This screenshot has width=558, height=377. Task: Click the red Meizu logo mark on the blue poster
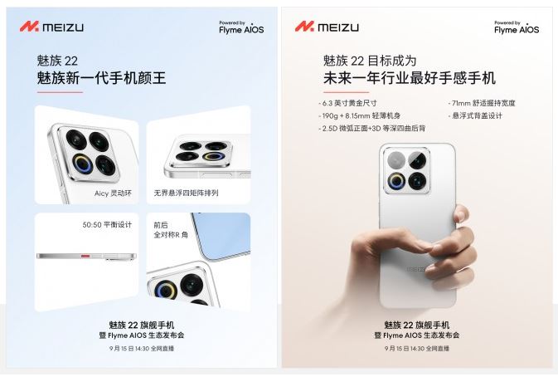click(x=29, y=27)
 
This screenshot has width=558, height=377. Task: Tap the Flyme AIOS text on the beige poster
click(x=517, y=30)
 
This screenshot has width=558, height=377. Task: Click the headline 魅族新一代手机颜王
click(x=101, y=78)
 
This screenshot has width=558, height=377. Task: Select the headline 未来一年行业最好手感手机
click(x=410, y=78)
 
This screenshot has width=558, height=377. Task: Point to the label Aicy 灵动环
click(x=113, y=193)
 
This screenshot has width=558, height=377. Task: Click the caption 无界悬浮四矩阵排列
click(x=186, y=193)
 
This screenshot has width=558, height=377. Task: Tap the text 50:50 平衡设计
click(x=107, y=225)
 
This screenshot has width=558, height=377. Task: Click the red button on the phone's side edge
click(x=85, y=256)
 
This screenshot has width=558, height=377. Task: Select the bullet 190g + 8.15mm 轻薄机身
click(x=360, y=115)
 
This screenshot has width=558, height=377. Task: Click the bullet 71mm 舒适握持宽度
click(x=482, y=103)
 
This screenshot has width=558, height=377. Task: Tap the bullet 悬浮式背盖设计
click(x=475, y=115)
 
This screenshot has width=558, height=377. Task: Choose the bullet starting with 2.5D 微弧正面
click(x=372, y=128)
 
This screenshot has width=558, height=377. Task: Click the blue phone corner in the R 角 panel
click(x=221, y=234)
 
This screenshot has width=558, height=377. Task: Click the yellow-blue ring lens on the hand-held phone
click(x=396, y=181)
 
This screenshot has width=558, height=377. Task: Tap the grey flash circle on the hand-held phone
click(x=396, y=159)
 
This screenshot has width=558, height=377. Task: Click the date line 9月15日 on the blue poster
click(x=142, y=349)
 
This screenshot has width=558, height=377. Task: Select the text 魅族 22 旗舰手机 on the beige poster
click(x=417, y=325)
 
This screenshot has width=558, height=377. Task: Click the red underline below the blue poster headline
click(x=60, y=92)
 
